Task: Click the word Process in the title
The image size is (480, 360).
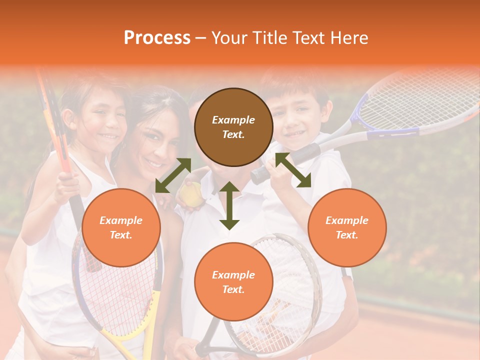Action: [x=157, y=38]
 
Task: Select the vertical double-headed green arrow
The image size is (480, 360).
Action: [x=229, y=205]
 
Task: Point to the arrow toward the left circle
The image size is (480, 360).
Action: [x=173, y=175]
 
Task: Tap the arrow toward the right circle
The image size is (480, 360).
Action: [x=293, y=170]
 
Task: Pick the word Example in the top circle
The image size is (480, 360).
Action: [x=233, y=120]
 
